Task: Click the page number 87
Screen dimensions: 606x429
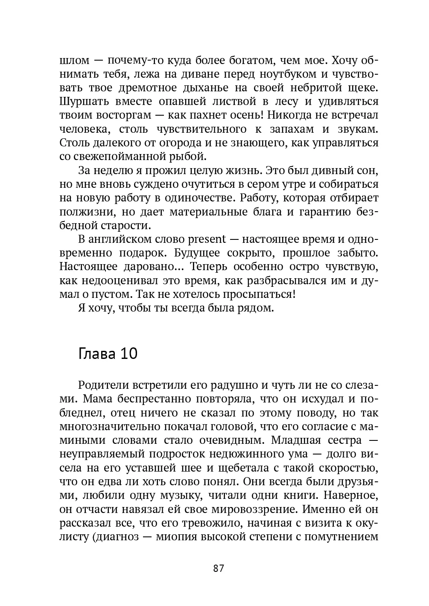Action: pos(218,568)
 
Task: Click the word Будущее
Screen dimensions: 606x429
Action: pos(197,253)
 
